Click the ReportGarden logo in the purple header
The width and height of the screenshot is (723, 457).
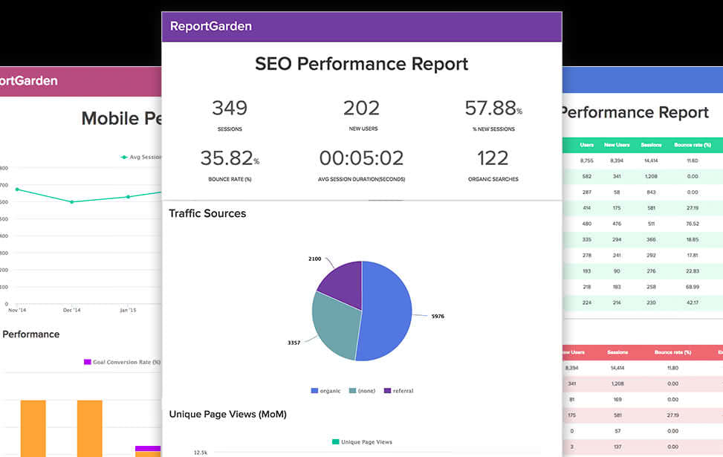(x=210, y=26)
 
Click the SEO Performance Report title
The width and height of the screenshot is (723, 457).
(x=361, y=64)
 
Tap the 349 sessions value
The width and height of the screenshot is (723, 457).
(x=230, y=108)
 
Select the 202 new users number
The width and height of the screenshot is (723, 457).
(x=361, y=108)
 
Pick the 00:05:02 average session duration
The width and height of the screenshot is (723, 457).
(x=361, y=158)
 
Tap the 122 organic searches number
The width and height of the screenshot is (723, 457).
(x=493, y=158)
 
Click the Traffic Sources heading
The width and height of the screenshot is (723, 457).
(x=207, y=213)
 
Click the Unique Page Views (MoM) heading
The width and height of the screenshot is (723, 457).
(x=227, y=414)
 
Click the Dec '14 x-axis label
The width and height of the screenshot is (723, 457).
(x=72, y=310)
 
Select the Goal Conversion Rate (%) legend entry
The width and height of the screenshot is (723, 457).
(x=123, y=362)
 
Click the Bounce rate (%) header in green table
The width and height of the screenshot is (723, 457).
(x=692, y=145)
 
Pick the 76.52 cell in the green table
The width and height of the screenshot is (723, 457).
(x=692, y=224)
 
